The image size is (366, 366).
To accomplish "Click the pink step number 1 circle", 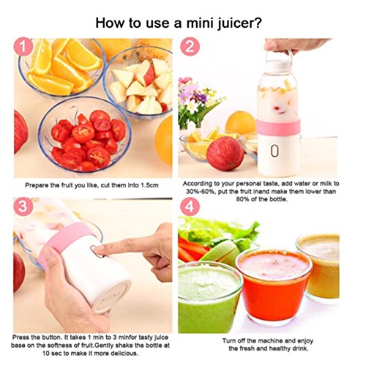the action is point(23,46).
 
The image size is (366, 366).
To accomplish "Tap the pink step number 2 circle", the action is point(190,46).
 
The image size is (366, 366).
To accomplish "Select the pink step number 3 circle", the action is point(23,206).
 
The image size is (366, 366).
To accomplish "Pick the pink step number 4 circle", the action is point(190,206).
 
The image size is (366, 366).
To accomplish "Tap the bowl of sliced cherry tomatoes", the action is point(85,135).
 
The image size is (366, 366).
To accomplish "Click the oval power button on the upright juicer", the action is point(274,152).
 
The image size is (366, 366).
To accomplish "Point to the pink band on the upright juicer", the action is point(278,127).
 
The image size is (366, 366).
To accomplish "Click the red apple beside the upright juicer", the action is point(225,154).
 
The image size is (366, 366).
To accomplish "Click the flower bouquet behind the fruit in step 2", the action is point(198,101).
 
